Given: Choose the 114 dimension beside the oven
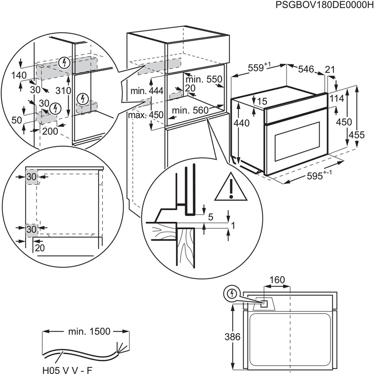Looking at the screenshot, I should pos(337,99).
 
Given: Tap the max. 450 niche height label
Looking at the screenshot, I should pos(145,115).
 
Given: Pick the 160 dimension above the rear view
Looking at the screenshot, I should pos(277,280).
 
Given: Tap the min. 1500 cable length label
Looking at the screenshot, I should pos(89,331).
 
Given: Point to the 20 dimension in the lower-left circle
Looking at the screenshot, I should pos(40,248).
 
